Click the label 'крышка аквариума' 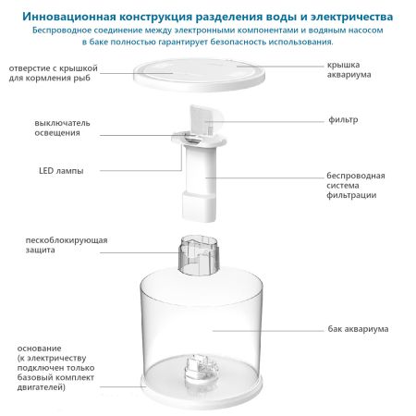tap(349, 68)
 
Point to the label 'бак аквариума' tap(358, 329)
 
